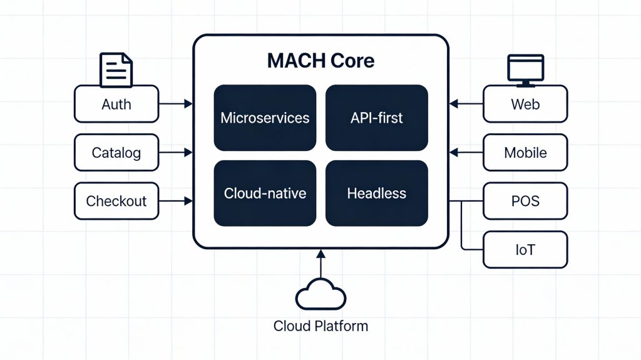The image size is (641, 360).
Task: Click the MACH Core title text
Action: tap(320, 61)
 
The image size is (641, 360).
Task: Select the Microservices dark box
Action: tap(265, 118)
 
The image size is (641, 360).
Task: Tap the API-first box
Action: tap(376, 118)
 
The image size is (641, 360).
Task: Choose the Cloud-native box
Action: tap(265, 193)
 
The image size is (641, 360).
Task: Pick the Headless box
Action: tap(376, 193)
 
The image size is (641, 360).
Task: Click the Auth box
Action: tap(116, 104)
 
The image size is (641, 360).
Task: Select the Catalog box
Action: tap(116, 152)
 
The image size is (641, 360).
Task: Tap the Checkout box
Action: tap(116, 201)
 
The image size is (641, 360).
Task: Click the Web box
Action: tap(525, 104)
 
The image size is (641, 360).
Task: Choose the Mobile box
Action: tap(525, 152)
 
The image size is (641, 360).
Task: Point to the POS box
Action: tap(525, 201)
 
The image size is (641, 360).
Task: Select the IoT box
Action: tap(525, 250)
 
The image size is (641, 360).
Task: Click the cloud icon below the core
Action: tap(320, 295)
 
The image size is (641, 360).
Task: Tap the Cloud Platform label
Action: tap(320, 326)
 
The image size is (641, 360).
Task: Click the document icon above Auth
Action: tap(116, 69)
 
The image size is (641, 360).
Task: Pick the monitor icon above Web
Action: tap(525, 69)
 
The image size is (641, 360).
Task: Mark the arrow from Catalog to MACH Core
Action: tap(176, 152)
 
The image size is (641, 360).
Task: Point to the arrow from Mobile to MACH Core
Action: tap(466, 152)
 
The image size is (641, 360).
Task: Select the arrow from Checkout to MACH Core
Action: tap(176, 201)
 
